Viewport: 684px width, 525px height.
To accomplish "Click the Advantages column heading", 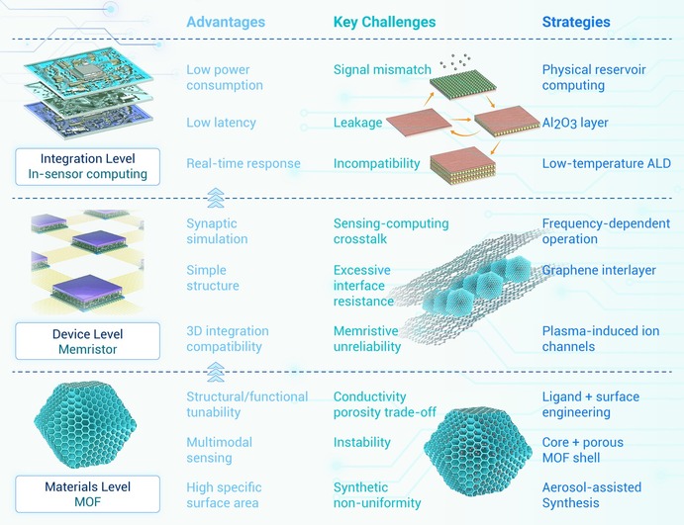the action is click(226, 22).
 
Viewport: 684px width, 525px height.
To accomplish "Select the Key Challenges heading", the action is click(384, 22).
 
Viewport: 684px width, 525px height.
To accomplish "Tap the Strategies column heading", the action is click(576, 22).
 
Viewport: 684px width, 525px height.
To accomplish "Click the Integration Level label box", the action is click(88, 167).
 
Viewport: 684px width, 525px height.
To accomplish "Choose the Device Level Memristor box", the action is click(88, 341).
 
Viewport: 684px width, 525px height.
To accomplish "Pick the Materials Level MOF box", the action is click(88, 494).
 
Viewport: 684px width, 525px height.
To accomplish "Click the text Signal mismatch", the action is click(382, 70).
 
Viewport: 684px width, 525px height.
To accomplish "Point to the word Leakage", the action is click(357, 123).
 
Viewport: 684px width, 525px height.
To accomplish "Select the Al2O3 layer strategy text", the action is click(575, 123).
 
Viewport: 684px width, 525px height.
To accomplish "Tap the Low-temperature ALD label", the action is click(607, 164).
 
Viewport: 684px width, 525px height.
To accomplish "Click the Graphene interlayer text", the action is click(599, 271).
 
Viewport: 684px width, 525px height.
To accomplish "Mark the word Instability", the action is click(361, 443).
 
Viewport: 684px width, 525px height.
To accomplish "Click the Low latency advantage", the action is click(221, 123).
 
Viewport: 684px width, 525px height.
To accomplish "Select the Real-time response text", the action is click(244, 164).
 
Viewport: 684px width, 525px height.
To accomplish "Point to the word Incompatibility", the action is click(376, 164).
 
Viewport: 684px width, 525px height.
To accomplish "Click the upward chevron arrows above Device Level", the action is click(216, 199).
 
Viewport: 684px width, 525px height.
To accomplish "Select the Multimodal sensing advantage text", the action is click(219, 450).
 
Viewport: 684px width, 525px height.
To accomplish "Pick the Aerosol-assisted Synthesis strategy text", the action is click(592, 495).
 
